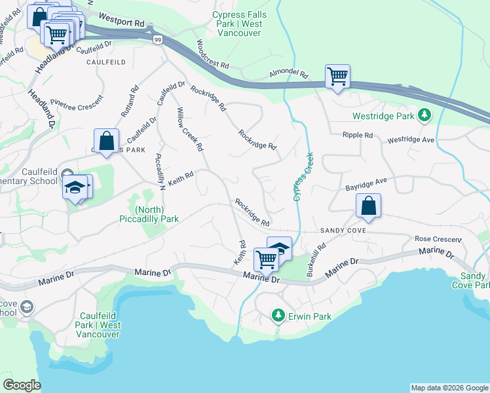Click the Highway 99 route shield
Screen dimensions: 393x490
point(158,40)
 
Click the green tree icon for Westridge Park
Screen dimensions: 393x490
point(424,115)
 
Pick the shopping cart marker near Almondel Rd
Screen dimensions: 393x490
point(337,77)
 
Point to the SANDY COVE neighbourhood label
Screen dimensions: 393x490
point(343,231)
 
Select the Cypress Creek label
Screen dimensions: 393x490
point(302,177)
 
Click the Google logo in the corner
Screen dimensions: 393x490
point(22,385)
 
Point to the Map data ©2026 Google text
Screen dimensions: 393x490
point(449,388)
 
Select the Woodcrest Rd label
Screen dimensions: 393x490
point(212,55)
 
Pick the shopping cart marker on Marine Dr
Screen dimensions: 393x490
point(265,259)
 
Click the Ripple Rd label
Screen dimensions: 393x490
point(357,135)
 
